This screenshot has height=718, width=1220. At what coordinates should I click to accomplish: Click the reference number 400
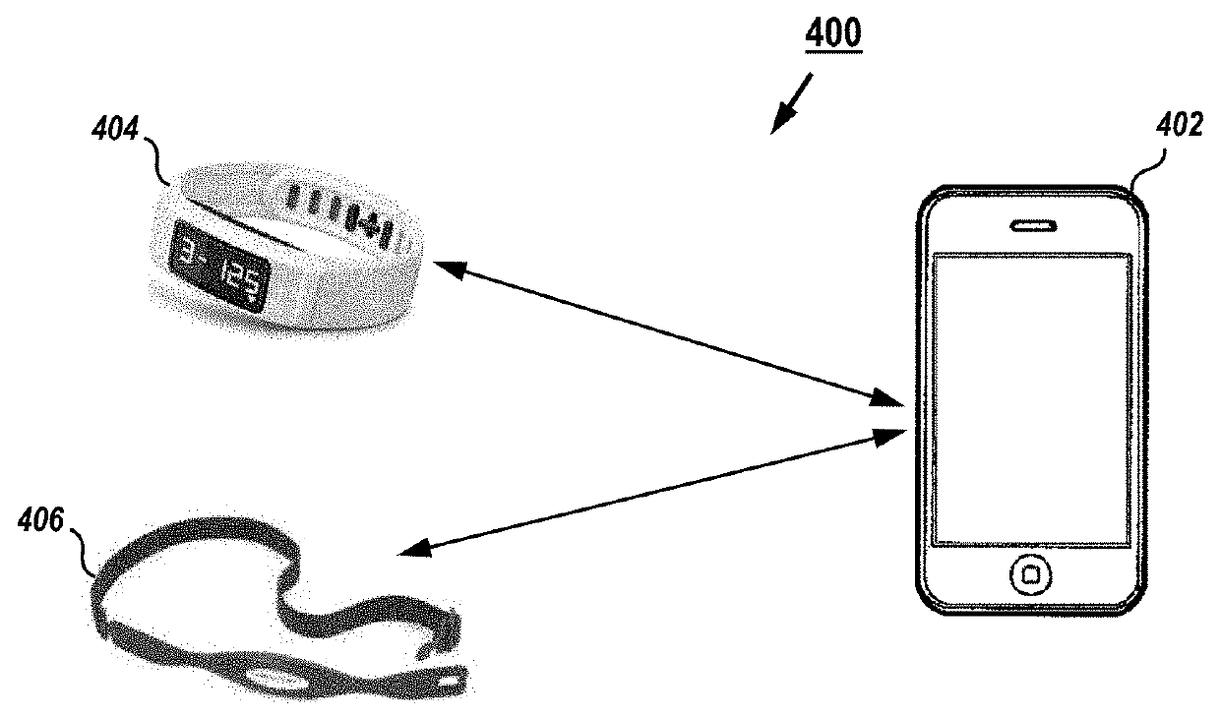pos(832,34)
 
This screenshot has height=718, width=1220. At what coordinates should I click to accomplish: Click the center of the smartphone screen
pos(1031,398)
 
